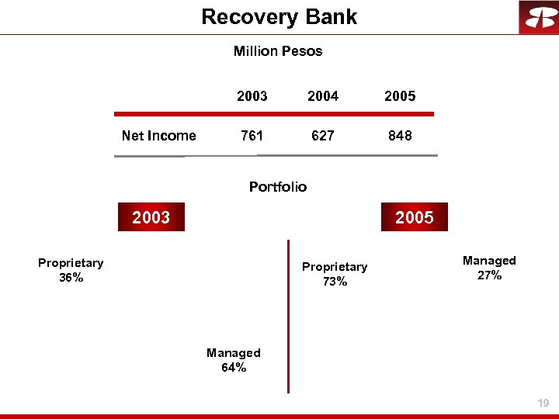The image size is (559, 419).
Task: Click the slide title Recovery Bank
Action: (279, 17)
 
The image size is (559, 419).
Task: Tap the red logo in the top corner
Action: (538, 17)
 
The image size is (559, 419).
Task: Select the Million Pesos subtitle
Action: (278, 51)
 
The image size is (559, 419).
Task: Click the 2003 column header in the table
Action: (252, 96)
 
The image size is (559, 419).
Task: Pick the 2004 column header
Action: (323, 96)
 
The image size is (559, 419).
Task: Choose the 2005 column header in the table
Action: (400, 96)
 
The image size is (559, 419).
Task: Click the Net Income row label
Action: (158, 136)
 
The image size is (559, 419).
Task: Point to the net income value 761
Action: (252, 136)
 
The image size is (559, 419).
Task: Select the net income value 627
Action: (323, 136)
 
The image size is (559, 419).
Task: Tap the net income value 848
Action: (400, 136)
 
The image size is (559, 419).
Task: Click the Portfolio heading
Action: (278, 187)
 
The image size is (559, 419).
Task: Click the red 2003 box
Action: (151, 217)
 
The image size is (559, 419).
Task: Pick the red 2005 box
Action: (414, 217)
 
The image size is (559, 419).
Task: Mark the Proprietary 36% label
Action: (71, 270)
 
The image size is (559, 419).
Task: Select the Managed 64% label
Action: (234, 360)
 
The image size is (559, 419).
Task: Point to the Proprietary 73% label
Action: (335, 274)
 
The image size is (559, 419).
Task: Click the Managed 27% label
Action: (489, 268)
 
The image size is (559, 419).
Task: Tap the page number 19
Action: (543, 403)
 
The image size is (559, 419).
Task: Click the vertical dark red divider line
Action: (288, 318)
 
